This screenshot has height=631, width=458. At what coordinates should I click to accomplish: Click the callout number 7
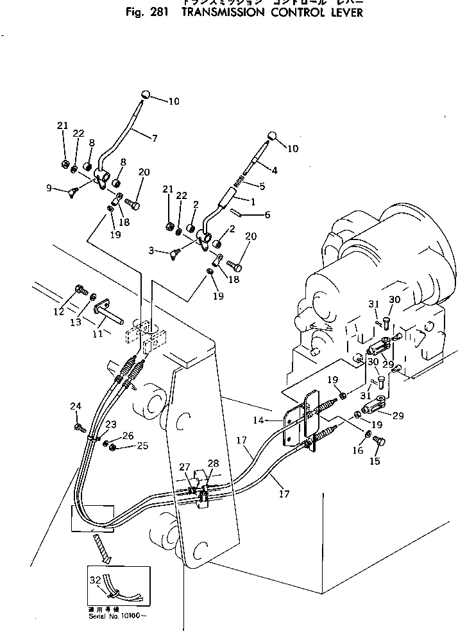(155, 137)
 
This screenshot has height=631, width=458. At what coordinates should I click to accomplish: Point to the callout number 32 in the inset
(95, 579)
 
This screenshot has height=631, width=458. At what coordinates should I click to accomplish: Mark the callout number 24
(76, 406)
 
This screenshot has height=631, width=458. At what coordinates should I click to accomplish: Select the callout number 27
(184, 467)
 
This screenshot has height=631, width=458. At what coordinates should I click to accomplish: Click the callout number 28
(213, 463)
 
